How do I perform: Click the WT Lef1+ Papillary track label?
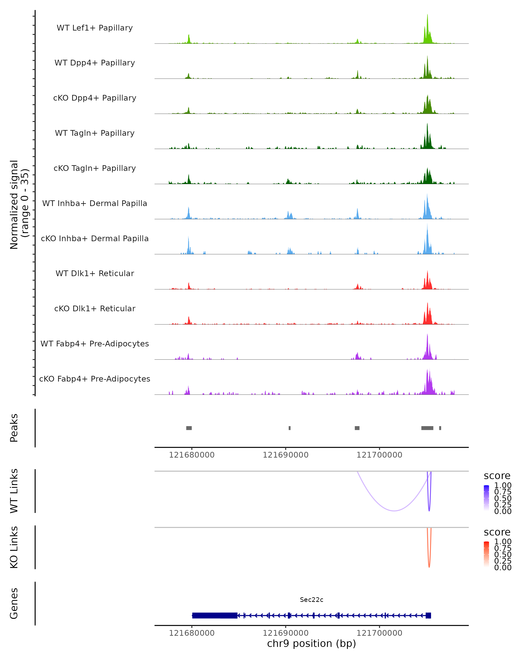coord(95,28)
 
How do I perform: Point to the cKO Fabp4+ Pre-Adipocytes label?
coord(95,379)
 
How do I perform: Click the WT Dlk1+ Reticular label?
coord(95,273)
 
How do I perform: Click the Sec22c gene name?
coord(311,599)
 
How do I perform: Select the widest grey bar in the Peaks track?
coord(427,428)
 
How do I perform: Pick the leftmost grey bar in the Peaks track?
coord(189,428)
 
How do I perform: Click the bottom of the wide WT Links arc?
coord(394,511)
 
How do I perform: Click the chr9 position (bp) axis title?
coord(311,643)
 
